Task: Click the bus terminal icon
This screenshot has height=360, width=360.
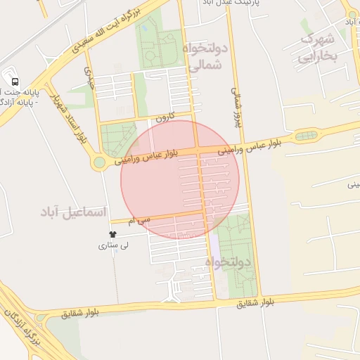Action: pos(15,80)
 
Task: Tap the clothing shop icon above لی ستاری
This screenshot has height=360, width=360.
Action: pos(112,234)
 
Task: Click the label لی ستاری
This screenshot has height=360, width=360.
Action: pos(112,246)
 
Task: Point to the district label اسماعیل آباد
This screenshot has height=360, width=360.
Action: pos(72,211)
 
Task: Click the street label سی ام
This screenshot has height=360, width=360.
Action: pos(139,221)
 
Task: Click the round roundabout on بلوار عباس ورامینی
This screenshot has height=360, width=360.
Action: pos(99,162)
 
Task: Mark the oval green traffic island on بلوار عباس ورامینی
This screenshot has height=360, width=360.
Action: pos(306,136)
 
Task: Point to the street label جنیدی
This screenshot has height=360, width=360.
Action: pos(89,76)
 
